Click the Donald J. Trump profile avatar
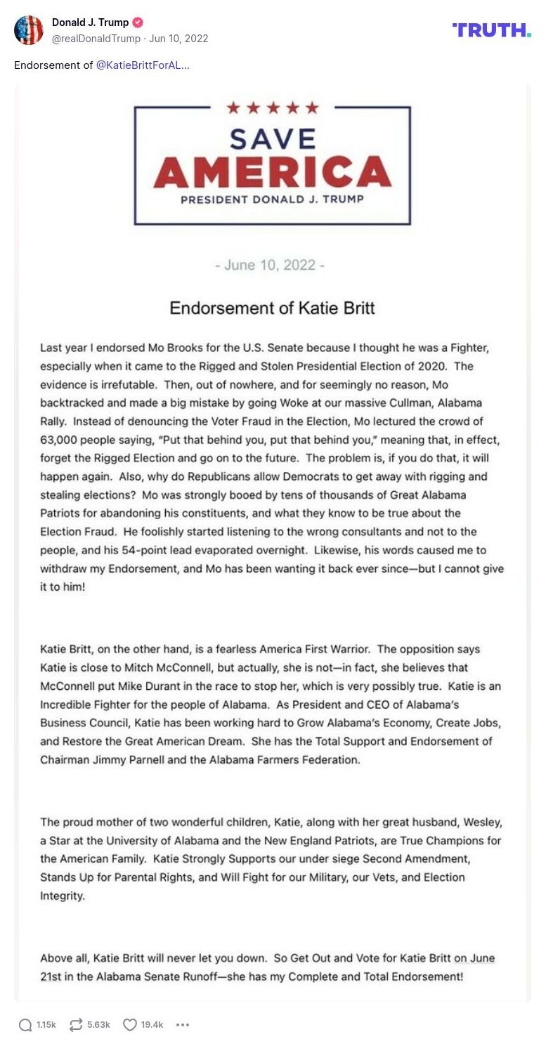click(x=29, y=30)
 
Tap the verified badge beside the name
click(x=138, y=22)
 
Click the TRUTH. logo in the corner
click(x=491, y=30)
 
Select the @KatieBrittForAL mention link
click(x=142, y=65)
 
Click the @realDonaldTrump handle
click(x=96, y=39)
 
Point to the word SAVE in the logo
click(x=273, y=138)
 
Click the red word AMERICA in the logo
click(x=273, y=173)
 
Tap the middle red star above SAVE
click(x=273, y=107)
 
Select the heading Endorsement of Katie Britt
click(x=273, y=308)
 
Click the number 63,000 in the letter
click(x=60, y=440)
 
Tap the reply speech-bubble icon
click(x=25, y=1025)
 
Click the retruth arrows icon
click(x=76, y=1025)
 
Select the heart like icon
click(x=130, y=1025)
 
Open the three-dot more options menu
click(x=183, y=1025)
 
